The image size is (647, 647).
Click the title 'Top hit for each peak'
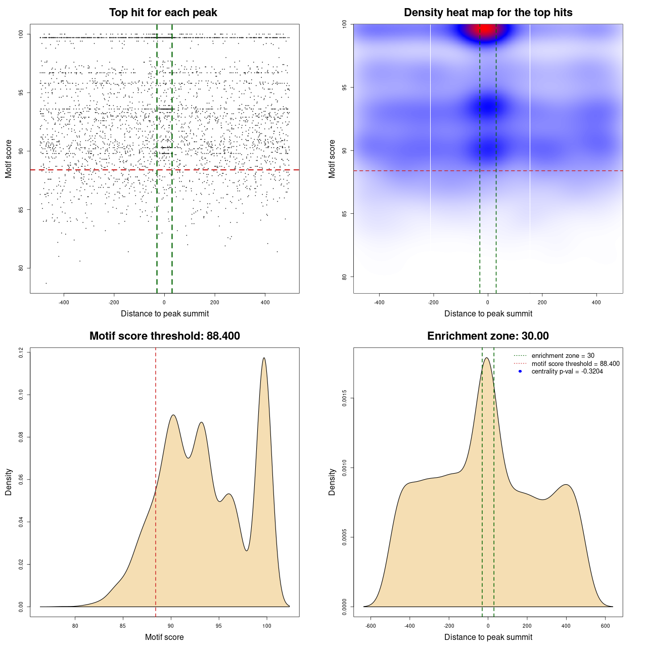point(163,13)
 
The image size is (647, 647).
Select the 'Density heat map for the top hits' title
point(488,13)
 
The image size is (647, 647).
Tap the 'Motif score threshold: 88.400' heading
point(164,336)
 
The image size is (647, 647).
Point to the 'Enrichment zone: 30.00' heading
point(488,336)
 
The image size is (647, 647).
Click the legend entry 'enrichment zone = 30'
point(563,356)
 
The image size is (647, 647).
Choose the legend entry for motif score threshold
point(575,364)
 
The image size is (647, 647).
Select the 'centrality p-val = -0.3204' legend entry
point(567,372)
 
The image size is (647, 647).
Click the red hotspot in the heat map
point(486,28)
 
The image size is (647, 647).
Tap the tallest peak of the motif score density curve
point(264,358)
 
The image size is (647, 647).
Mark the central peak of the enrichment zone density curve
point(487,358)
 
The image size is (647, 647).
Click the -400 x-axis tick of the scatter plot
point(64,302)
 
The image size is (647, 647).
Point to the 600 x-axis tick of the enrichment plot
point(605,626)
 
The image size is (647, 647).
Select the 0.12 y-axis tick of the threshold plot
point(21,352)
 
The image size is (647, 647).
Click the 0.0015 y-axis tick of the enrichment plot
point(344,398)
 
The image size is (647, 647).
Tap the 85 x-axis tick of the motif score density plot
point(123,626)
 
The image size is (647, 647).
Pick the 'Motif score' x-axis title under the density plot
point(164,637)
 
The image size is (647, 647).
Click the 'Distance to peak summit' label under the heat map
point(488,313)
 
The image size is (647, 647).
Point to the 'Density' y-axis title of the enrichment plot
point(332,482)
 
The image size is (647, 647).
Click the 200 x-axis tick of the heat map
point(542,302)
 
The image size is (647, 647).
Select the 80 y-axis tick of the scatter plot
point(21,268)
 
